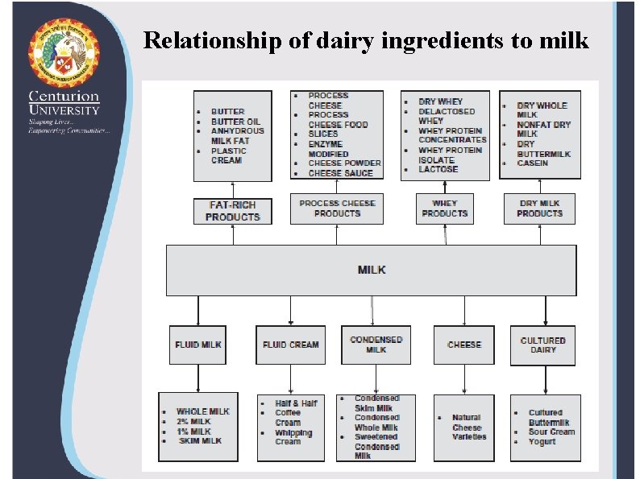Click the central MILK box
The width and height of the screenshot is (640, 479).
(372, 270)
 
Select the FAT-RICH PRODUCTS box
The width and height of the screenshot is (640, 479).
(233, 211)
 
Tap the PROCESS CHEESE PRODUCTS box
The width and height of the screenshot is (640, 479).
(337, 209)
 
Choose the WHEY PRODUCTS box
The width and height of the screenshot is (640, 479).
(444, 209)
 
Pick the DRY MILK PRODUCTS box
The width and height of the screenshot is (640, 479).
(539, 209)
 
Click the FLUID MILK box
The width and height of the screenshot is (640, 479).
(198, 345)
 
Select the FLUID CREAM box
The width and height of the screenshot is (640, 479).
(290, 345)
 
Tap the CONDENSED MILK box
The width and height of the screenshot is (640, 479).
(376, 345)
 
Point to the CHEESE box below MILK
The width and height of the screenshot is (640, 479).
(464, 345)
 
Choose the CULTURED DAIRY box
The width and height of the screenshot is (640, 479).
(542, 345)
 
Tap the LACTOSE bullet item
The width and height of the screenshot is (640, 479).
(438, 169)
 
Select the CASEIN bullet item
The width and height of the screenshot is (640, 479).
(532, 163)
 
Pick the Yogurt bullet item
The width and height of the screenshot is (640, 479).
(542, 441)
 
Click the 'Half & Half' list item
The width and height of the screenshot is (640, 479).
(296, 403)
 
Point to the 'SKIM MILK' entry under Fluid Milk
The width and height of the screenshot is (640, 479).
(200, 440)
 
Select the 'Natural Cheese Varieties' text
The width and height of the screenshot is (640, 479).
(468, 427)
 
